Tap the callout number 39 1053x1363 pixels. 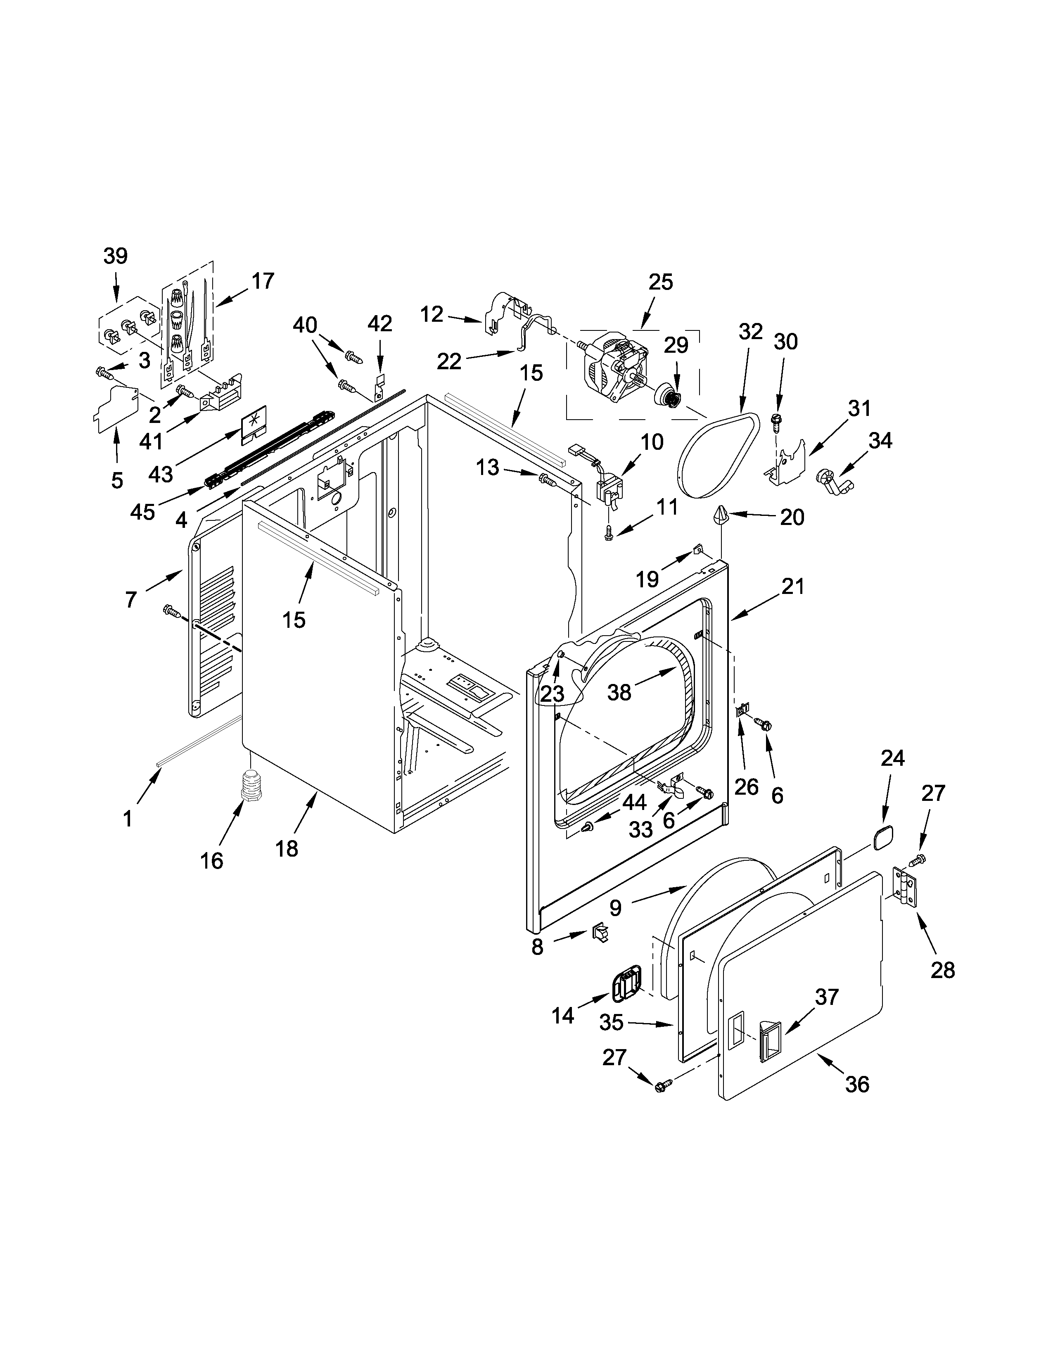tap(115, 256)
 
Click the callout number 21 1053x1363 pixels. tap(792, 586)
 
